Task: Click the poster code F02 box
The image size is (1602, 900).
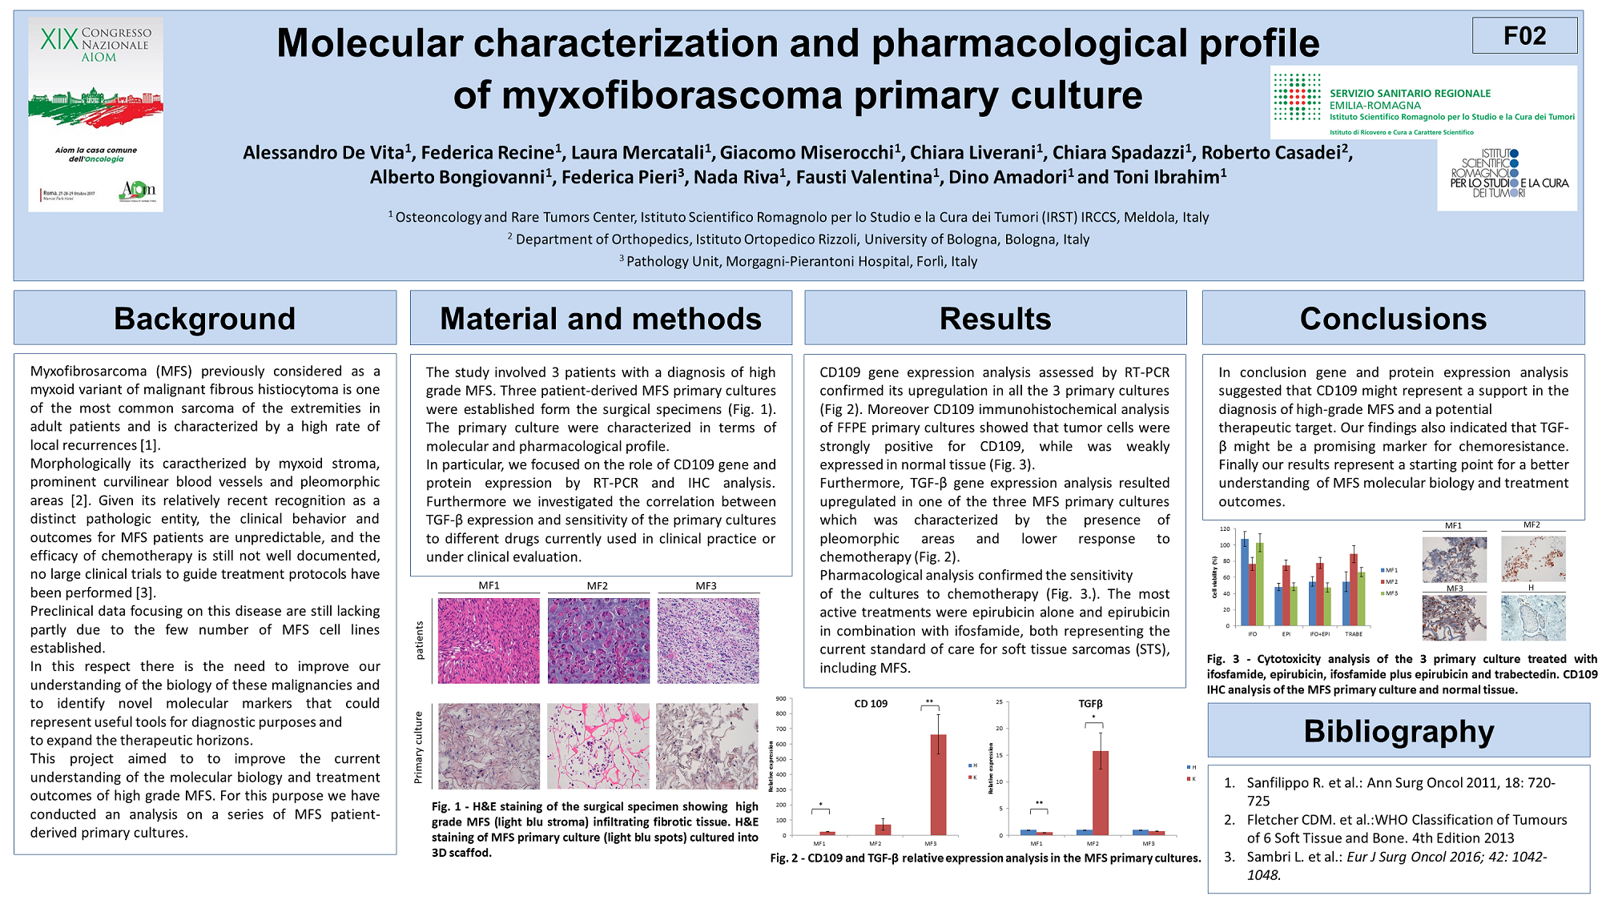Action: [x=1524, y=36]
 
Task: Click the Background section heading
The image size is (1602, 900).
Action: [x=204, y=319]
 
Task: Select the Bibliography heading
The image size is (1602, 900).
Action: [x=1399, y=731]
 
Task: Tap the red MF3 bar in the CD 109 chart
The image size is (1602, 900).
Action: [x=938, y=785]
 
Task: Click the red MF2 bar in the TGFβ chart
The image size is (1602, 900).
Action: [x=1101, y=793]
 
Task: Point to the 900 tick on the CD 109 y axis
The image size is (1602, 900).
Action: [x=781, y=699]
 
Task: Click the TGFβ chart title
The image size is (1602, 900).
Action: [x=1090, y=704]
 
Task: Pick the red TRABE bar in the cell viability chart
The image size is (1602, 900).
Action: [x=1354, y=589]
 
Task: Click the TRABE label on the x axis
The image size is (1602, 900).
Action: [x=1354, y=634]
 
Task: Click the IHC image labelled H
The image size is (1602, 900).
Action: [x=1532, y=617]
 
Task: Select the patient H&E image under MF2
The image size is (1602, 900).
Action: [x=598, y=641]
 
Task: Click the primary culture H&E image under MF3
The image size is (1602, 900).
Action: [x=706, y=746]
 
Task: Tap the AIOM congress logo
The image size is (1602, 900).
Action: [x=96, y=115]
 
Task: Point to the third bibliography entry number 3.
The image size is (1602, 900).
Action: [x=1230, y=857]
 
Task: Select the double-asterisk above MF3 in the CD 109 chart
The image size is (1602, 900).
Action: [x=929, y=702]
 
